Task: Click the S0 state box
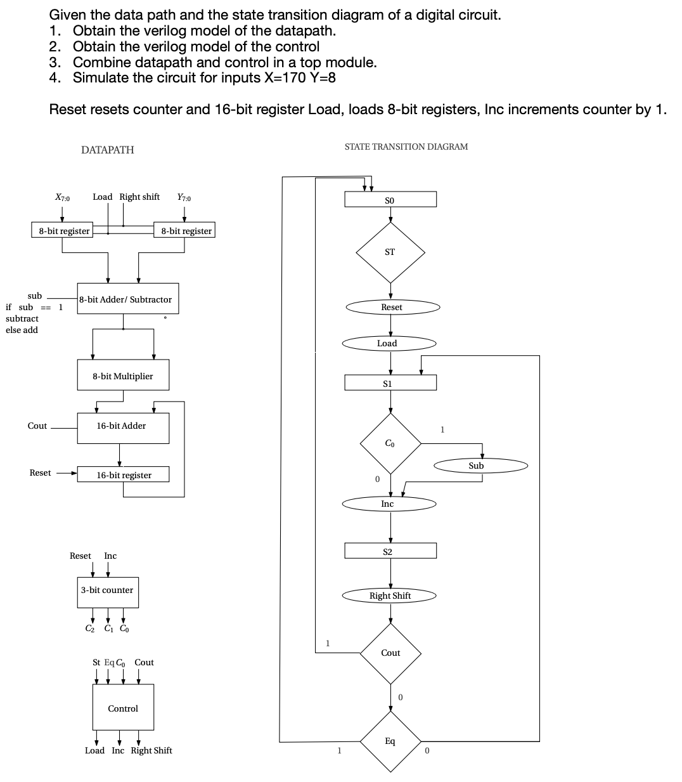point(390,200)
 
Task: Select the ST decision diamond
point(390,252)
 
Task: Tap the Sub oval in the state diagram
point(481,466)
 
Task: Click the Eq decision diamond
point(390,741)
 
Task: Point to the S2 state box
point(390,551)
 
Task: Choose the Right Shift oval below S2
point(390,596)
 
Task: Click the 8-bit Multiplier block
point(123,376)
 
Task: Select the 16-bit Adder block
point(123,427)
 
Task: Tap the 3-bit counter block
point(107,590)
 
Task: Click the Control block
point(123,708)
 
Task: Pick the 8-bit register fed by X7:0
point(61,231)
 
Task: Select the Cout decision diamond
point(390,653)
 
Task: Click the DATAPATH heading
point(108,150)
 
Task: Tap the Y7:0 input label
point(184,197)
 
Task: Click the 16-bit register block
point(123,475)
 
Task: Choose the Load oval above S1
point(389,344)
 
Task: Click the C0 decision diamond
point(390,443)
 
